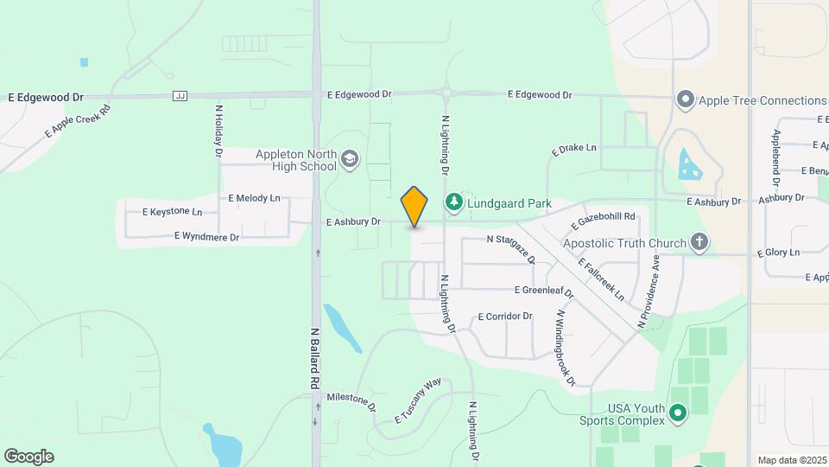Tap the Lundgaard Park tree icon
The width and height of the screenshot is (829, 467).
(x=453, y=202)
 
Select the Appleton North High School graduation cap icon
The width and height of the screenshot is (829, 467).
(x=349, y=158)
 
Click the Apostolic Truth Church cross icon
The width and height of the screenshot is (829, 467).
(x=699, y=243)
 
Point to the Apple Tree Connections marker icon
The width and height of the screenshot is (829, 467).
(x=686, y=99)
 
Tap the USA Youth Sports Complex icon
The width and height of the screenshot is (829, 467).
(x=678, y=415)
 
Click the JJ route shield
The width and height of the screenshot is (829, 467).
(x=180, y=95)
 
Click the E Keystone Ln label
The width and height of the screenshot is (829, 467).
(x=173, y=212)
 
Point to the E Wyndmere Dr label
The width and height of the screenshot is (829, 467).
(x=206, y=235)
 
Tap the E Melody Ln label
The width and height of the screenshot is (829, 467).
(x=254, y=198)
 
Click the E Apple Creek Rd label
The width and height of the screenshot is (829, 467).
(x=78, y=122)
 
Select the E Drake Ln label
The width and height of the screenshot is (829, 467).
(x=573, y=149)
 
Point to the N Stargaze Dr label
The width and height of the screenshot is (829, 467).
(x=511, y=247)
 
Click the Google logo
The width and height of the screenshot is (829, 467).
(x=28, y=456)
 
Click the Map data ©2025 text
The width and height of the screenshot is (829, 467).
(x=790, y=459)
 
